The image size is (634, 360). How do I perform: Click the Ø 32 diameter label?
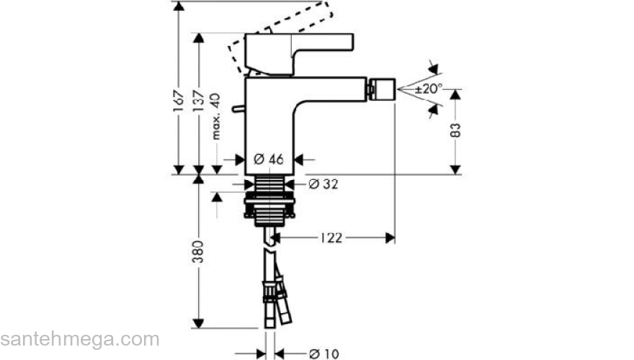pos(324,184)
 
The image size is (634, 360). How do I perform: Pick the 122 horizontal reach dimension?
pos(333,237)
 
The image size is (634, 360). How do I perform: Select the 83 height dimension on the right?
pos(455,130)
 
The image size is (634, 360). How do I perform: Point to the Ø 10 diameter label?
pos(323,353)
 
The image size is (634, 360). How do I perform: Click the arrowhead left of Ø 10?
pos(260,353)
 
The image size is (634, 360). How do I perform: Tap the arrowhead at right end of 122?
pos(390,237)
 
